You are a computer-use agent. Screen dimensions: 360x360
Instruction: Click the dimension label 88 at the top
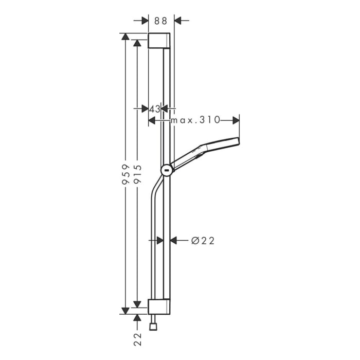[x=161, y=21]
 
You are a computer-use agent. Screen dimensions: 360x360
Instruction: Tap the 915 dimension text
[x=137, y=174]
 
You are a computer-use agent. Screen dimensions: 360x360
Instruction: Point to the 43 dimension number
[x=154, y=109]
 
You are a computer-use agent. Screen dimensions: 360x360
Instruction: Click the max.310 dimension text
[x=195, y=120]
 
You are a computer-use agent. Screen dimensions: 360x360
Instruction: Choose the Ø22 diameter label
[x=202, y=240]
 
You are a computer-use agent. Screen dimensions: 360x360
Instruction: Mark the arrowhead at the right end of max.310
[x=236, y=120]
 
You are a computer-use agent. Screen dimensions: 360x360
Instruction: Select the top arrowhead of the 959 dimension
[x=125, y=38]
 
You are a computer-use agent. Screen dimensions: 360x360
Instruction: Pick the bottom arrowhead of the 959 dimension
[x=125, y=310]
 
